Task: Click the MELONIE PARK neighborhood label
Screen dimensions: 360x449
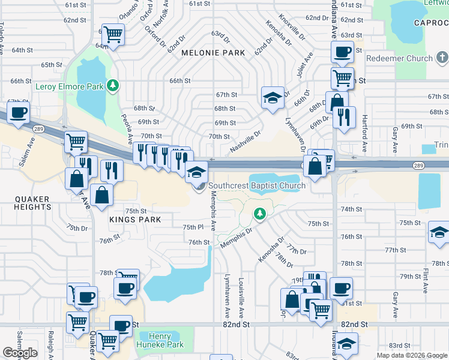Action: (213, 53)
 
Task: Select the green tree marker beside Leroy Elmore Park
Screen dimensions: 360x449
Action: (112, 86)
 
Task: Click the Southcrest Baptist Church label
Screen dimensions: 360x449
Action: (257, 185)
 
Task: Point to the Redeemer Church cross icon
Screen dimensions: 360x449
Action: (442, 58)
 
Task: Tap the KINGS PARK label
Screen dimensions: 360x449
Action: (135, 220)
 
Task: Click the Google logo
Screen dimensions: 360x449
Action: (20, 353)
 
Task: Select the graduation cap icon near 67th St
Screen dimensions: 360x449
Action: (272, 98)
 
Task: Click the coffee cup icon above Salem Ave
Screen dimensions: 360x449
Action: (19, 112)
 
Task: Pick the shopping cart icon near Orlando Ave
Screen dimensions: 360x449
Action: (113, 34)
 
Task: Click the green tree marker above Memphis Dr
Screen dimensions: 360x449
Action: (259, 213)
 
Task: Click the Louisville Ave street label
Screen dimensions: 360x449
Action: (241, 298)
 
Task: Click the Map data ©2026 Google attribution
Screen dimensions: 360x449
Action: (411, 355)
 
